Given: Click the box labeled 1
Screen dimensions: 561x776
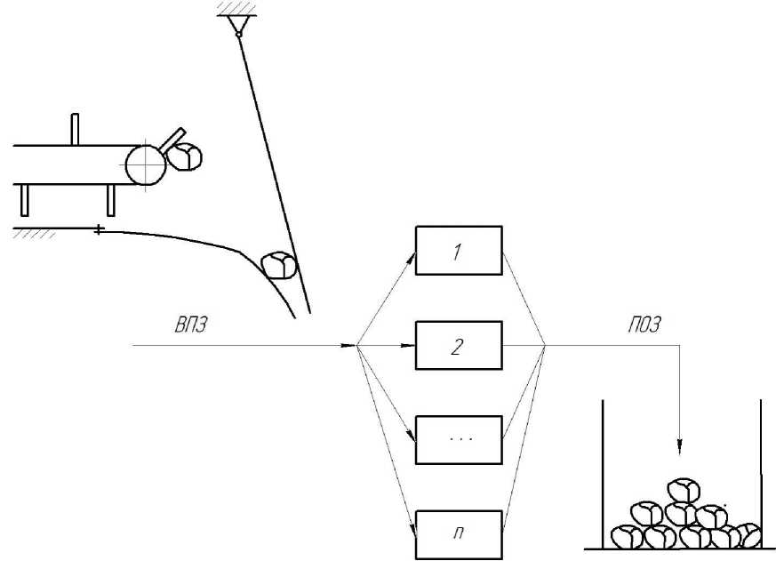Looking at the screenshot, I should [459, 252].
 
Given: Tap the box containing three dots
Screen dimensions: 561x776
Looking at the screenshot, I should [459, 438].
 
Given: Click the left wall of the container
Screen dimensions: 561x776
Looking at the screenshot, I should [604, 471].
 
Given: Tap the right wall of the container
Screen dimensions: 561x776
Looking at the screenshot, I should [762, 471].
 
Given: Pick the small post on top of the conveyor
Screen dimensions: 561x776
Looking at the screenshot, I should [75, 129].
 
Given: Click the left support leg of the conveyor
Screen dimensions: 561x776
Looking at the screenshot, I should [25, 198].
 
